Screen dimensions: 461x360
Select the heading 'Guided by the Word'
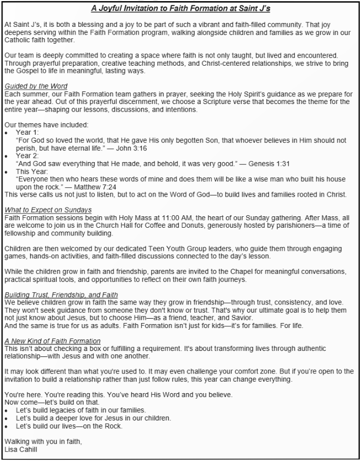tap(36, 87)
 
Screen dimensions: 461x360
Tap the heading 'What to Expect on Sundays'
tap(48, 210)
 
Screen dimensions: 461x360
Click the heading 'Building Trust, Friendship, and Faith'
tap(61, 295)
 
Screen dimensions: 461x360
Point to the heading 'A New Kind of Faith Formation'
tap(52, 341)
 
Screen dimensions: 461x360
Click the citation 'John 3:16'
tap(132, 148)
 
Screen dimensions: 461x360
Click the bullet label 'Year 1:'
tap(27, 132)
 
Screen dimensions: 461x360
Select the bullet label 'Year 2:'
tap(27, 156)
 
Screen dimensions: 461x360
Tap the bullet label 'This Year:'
tap(31, 171)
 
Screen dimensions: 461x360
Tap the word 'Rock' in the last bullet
tap(113, 426)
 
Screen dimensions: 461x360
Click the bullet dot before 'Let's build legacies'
tap(6, 410)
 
